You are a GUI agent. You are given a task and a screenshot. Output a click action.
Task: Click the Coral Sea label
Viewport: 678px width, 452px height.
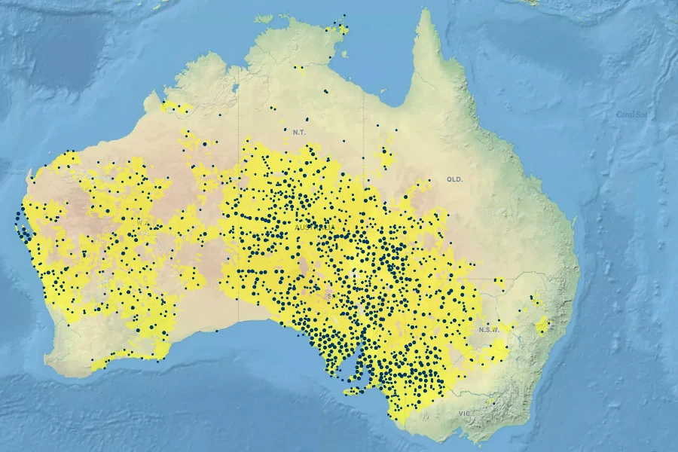pos(631,114)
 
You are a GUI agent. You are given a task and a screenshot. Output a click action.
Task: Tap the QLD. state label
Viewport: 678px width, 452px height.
pos(454,179)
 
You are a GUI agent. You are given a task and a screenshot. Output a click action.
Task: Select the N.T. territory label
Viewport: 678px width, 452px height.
pos(300,132)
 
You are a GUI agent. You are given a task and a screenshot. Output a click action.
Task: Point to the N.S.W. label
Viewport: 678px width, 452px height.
pos(489,329)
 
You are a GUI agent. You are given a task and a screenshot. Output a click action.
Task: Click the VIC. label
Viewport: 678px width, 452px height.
pos(464,414)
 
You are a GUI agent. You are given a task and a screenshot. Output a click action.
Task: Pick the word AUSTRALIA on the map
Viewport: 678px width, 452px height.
pos(315,227)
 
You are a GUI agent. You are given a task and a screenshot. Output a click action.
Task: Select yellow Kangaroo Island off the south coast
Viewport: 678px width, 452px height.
pos(354,391)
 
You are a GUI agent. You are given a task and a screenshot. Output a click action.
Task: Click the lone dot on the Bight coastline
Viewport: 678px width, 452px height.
pos(217,330)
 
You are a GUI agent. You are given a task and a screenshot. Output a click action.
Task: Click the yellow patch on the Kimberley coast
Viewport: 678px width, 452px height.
pos(175,107)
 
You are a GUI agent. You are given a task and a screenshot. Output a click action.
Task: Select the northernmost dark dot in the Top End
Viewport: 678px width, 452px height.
pos(344,15)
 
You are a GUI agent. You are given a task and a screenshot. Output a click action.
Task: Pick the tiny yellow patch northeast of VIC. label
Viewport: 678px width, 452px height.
pos(491,402)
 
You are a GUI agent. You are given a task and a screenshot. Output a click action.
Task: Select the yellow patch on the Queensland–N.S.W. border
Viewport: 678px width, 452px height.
pos(499,283)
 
